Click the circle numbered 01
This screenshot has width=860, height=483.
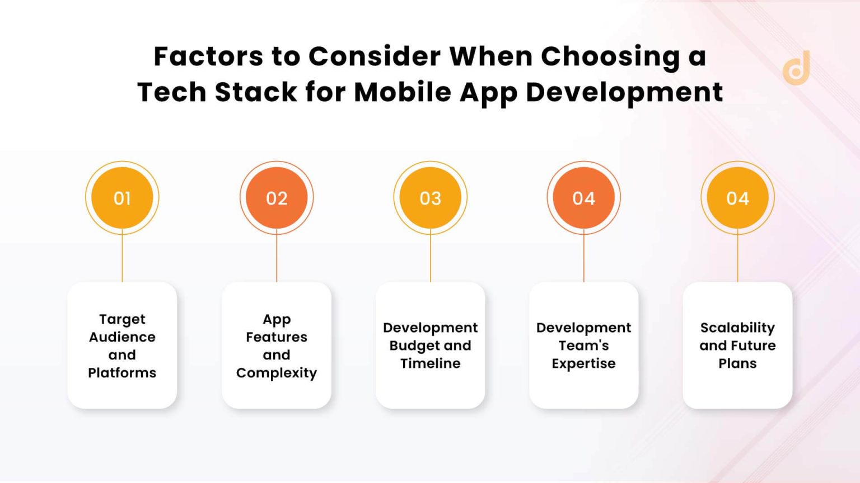[122, 198]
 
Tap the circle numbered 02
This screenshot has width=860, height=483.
[277, 198]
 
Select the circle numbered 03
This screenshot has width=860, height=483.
[430, 198]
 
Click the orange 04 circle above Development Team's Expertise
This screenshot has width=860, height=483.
[583, 198]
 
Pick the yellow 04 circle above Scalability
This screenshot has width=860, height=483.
[737, 198]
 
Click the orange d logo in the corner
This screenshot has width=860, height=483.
[797, 69]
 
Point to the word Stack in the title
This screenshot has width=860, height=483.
[256, 92]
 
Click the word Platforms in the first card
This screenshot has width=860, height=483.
[122, 373]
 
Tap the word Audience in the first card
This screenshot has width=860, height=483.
[122, 337]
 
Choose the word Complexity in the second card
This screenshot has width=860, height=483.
[277, 373]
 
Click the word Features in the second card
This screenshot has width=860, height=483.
[277, 337]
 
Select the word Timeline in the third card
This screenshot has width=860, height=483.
[430, 363]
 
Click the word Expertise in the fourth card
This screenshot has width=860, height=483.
[583, 363]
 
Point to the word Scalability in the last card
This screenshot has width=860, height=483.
[737, 328]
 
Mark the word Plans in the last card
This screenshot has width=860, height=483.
[737, 363]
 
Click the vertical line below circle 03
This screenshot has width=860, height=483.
[430, 257]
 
